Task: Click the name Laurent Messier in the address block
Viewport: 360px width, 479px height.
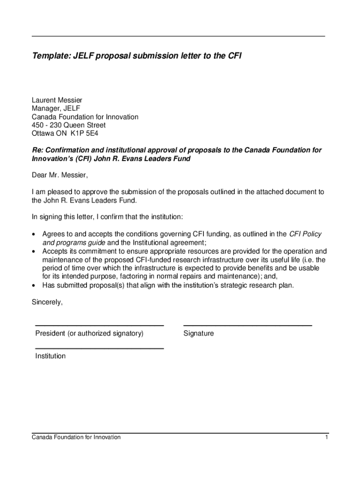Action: pyautogui.click(x=57, y=100)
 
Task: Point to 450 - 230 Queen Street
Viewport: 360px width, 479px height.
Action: pyautogui.click(x=69, y=125)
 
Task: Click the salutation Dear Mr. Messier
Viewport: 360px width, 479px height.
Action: pyautogui.click(x=59, y=175)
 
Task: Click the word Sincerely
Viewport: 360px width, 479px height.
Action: pyautogui.click(x=47, y=302)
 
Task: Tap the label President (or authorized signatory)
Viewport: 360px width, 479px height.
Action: pyautogui.click(x=89, y=334)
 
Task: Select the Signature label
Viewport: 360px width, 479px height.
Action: pyautogui.click(x=199, y=334)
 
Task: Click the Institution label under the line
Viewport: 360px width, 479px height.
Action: pyautogui.click(x=50, y=356)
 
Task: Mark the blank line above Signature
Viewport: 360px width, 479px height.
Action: pyautogui.click(x=247, y=325)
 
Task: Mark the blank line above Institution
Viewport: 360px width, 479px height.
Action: pyautogui.click(x=99, y=348)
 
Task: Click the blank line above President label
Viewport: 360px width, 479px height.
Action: pyautogui.click(x=99, y=325)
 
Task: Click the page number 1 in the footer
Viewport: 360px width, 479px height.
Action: pyautogui.click(x=327, y=437)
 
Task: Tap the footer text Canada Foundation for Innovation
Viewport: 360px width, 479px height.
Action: pyautogui.click(x=76, y=437)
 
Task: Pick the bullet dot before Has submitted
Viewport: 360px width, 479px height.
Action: pyautogui.click(x=34, y=285)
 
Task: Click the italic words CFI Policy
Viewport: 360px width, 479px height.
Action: pyautogui.click(x=305, y=234)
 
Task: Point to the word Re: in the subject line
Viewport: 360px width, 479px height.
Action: pyautogui.click(x=37, y=150)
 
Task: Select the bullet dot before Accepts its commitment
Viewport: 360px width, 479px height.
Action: pyautogui.click(x=34, y=252)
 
